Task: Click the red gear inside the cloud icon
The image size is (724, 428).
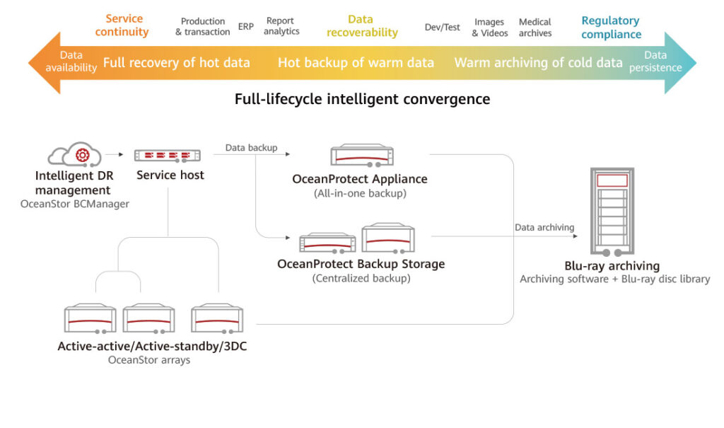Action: pyautogui.click(x=83, y=155)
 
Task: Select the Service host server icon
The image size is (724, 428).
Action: pyautogui.click(x=168, y=156)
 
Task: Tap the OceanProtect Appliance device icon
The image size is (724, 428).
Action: pyautogui.click(x=362, y=156)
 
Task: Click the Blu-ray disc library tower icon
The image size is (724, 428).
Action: pyautogui.click(x=612, y=212)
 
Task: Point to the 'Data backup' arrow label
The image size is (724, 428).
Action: pyautogui.click(x=251, y=147)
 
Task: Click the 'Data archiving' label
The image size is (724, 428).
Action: pyautogui.click(x=544, y=227)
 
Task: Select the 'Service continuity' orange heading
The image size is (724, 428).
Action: pyautogui.click(x=122, y=25)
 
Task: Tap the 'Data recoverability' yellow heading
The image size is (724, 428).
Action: pyautogui.click(x=362, y=26)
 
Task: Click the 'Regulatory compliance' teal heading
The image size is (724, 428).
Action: pyautogui.click(x=611, y=28)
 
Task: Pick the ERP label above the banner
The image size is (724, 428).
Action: pyautogui.click(x=245, y=26)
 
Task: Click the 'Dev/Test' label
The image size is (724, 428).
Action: pyautogui.click(x=443, y=28)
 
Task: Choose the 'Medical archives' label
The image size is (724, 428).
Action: pyautogui.click(x=535, y=28)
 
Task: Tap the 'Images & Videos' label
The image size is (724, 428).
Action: pyautogui.click(x=490, y=28)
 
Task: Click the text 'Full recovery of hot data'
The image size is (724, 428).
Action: pyautogui.click(x=176, y=62)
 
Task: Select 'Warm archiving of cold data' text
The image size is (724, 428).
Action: pyautogui.click(x=538, y=62)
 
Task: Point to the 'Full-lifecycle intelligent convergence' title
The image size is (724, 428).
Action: pyautogui.click(x=363, y=99)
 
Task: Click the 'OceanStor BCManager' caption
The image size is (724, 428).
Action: pyautogui.click(x=75, y=204)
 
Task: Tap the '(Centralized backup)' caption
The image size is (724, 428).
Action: pyautogui.click(x=361, y=278)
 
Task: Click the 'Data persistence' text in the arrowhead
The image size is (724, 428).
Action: pyautogui.click(x=655, y=61)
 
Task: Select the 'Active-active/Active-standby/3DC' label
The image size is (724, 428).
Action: pyautogui.click(x=152, y=346)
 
